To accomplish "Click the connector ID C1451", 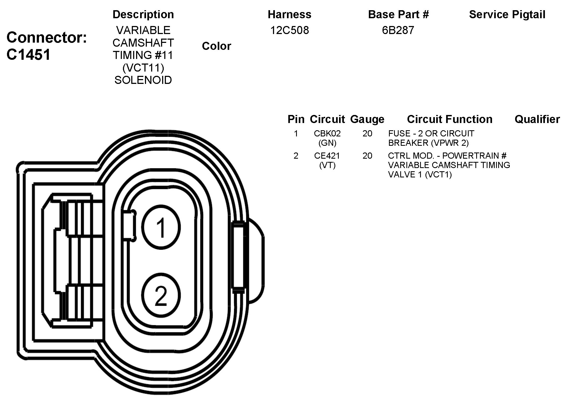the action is pyautogui.click(x=28, y=55).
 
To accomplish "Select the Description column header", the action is pyautogui.click(x=143, y=14).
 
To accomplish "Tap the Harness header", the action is pyautogui.click(x=289, y=14).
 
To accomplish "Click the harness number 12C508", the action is pyautogui.click(x=289, y=30).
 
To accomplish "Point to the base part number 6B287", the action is pyautogui.click(x=398, y=30).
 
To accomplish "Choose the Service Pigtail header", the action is pyautogui.click(x=507, y=14).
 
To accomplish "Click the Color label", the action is pyautogui.click(x=216, y=46).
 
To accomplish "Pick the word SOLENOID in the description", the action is pyautogui.click(x=143, y=80).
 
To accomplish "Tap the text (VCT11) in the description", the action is pyautogui.click(x=143, y=68).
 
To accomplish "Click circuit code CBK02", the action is pyautogui.click(x=327, y=133).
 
